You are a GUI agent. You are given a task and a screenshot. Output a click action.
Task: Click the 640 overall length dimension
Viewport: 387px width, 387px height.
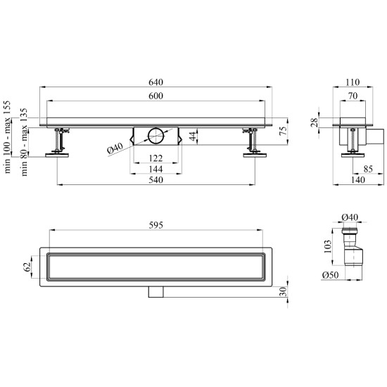click(x=156, y=82)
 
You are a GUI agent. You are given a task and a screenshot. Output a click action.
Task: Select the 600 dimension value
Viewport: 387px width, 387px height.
click(x=156, y=96)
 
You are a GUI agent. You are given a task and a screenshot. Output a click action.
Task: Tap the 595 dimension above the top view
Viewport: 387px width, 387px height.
click(x=156, y=225)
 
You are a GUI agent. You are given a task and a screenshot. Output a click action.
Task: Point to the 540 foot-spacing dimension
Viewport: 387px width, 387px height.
click(x=156, y=180)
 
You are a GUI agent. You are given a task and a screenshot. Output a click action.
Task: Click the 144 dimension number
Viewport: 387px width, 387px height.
click(x=156, y=170)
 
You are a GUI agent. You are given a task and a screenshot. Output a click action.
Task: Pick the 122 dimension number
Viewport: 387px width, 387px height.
click(x=156, y=158)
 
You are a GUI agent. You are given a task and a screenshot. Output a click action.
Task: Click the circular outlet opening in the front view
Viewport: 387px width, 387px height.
click(x=156, y=136)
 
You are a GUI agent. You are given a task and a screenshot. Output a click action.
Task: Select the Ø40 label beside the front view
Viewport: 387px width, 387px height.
click(x=115, y=148)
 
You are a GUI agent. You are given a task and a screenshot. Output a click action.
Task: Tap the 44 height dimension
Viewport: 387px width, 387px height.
click(x=193, y=136)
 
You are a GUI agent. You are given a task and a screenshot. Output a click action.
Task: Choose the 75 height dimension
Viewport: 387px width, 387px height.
click(x=284, y=130)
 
